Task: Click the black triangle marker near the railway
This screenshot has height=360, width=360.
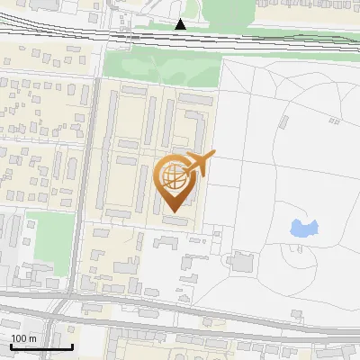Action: pos(182,24)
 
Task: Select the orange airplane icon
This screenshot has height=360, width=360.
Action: pos(198,164)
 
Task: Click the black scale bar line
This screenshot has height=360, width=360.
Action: pos(41,346)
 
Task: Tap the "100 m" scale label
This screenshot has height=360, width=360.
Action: pos(24,338)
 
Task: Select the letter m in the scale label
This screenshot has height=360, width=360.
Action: pos(32,338)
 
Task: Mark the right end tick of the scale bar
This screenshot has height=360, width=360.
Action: pos(72,345)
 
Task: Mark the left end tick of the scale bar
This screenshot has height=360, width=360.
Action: pos(11,345)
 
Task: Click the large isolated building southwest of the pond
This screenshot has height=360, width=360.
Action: pos(241,262)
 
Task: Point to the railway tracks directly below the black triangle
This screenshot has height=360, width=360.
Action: pos(182,38)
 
